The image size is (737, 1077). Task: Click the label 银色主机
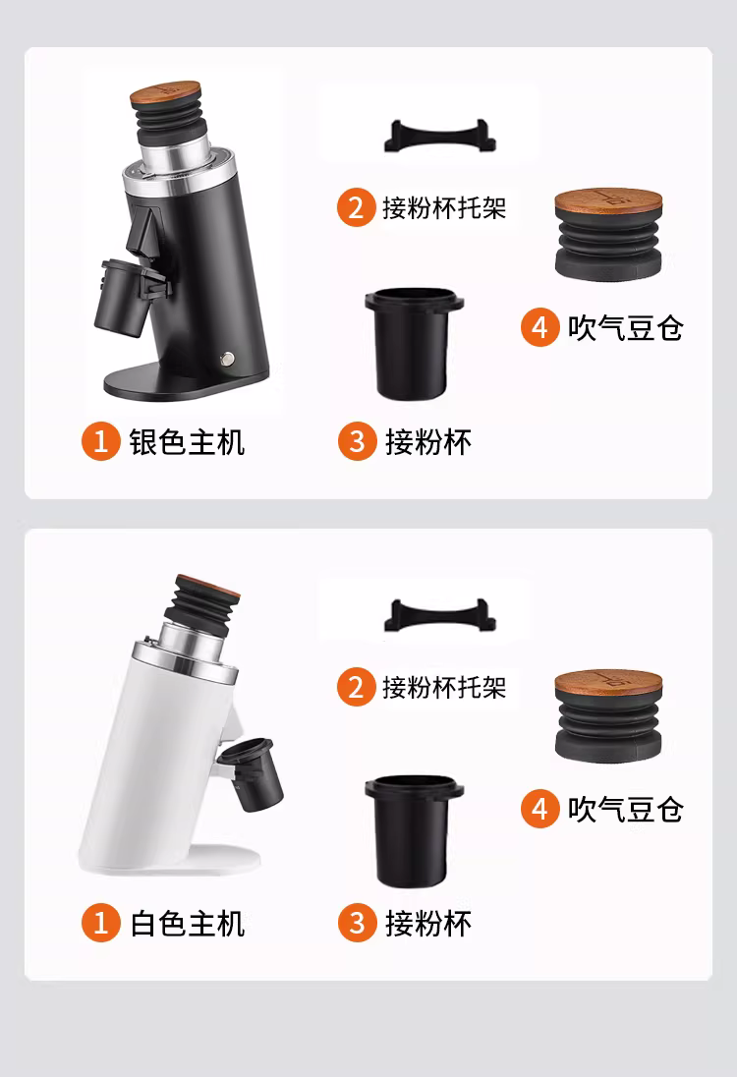187,441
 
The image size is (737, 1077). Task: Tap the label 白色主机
187,923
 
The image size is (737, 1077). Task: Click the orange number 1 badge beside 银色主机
101,441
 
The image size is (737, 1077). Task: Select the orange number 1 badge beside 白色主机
101,923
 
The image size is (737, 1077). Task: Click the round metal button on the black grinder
227,358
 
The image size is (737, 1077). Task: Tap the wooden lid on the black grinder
165,94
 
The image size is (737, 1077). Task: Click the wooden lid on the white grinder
208,585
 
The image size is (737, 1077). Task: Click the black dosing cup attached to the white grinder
252,772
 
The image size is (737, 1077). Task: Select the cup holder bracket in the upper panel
439,137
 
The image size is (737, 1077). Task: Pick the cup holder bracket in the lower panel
439,616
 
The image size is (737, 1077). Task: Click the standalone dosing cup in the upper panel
414,344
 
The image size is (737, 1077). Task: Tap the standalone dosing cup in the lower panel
414,831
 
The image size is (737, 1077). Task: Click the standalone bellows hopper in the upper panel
608,235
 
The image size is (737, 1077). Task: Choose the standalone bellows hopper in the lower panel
608,716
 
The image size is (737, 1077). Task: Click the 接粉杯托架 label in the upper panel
444,207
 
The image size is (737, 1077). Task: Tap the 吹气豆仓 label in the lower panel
625,809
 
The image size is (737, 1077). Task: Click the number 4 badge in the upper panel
539,327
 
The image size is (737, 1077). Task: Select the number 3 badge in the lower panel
357,923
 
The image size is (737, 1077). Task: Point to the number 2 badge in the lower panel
356,687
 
